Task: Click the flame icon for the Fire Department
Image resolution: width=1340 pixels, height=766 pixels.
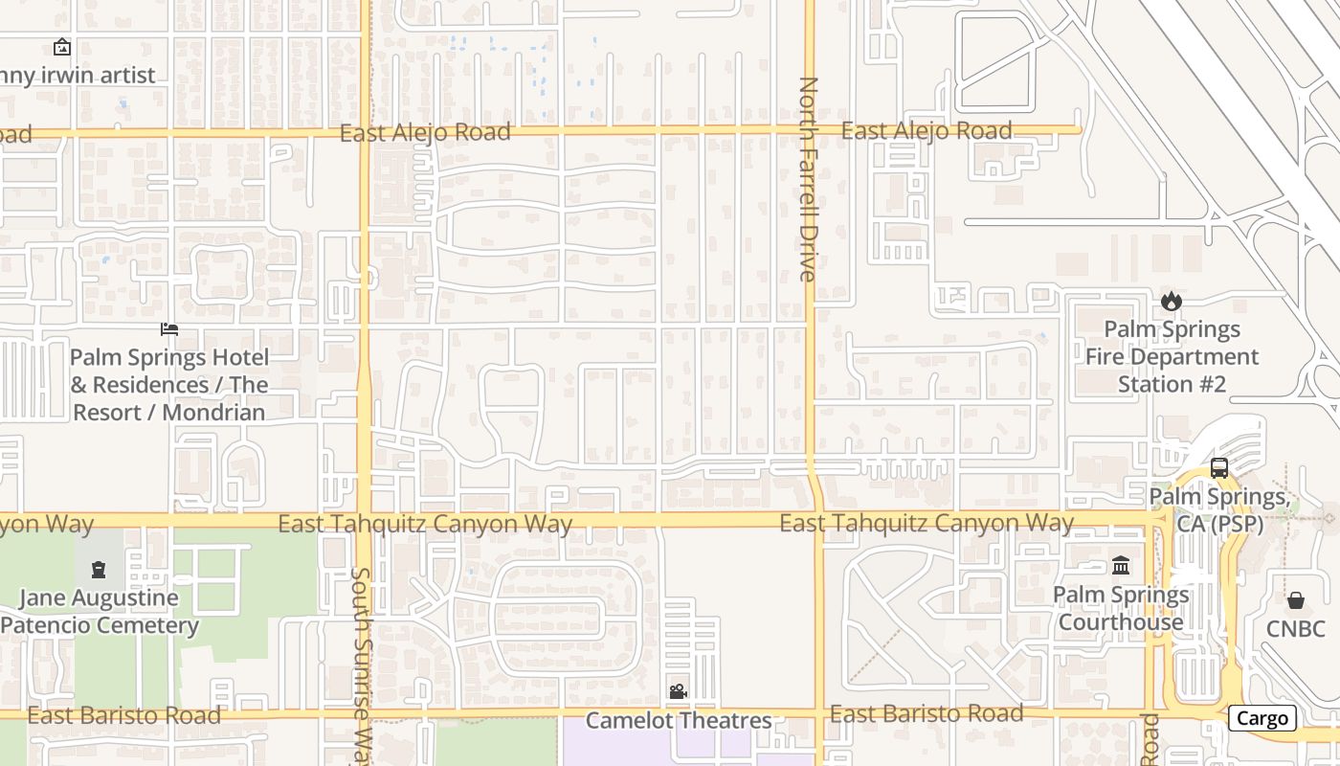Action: [1172, 302]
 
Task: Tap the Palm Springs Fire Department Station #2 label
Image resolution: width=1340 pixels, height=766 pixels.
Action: [1172, 357]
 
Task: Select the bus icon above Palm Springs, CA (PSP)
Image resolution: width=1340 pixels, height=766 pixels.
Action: [1218, 468]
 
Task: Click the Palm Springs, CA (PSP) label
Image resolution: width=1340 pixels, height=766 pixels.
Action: [1218, 511]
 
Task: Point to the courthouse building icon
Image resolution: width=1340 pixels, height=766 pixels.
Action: [1121, 566]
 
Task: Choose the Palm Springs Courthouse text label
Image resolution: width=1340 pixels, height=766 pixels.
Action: [1121, 609]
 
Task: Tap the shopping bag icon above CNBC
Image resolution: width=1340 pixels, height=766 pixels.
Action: [1295, 600]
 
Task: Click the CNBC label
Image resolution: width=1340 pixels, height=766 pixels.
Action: [1295, 629]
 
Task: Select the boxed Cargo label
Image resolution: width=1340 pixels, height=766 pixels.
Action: [1262, 718]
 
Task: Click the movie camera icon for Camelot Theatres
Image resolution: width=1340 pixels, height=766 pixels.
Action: [678, 691]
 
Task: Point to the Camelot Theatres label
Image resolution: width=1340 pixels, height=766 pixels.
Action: [678, 720]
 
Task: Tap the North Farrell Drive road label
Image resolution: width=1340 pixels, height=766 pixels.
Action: [809, 179]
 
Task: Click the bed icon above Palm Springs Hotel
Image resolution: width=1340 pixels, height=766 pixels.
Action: [169, 330]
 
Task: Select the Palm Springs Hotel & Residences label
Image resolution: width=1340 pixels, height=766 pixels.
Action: [169, 385]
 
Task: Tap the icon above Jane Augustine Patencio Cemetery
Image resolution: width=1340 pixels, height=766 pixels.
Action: [98, 570]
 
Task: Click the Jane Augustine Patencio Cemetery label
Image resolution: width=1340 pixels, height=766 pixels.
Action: [100, 612]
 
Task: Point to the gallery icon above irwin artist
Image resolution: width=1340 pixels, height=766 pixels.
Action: [62, 47]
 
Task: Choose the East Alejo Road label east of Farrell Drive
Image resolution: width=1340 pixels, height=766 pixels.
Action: [926, 130]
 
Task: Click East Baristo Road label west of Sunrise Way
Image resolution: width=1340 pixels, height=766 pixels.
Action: [123, 715]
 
